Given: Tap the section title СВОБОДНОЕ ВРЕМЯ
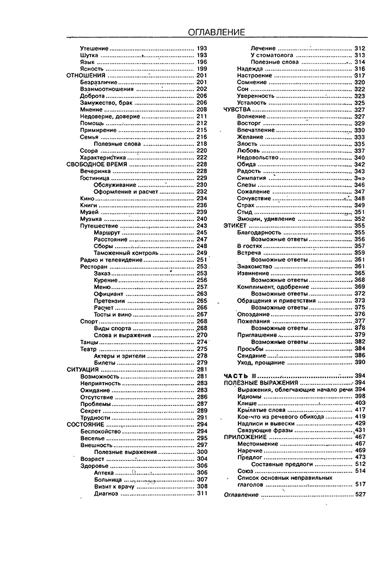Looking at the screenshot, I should tap(96, 164).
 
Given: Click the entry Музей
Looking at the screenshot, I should tap(89, 212).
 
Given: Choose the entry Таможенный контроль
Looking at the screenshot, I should tap(126, 253).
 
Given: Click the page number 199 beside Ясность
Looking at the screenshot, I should tap(201, 69).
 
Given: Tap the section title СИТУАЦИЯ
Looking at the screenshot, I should tap(82, 370).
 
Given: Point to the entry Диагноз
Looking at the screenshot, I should tap(106, 494).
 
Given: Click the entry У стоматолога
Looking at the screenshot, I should tap(272, 55).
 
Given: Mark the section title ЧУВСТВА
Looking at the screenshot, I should tap(236, 109).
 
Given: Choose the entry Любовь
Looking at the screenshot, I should tap(248, 151).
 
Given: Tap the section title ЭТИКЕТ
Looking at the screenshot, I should tap(234, 226).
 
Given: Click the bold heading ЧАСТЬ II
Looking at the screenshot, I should tap(240, 376).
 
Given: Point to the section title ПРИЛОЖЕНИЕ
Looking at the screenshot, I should tap(245, 437).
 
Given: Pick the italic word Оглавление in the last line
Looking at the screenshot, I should tap(242, 495).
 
